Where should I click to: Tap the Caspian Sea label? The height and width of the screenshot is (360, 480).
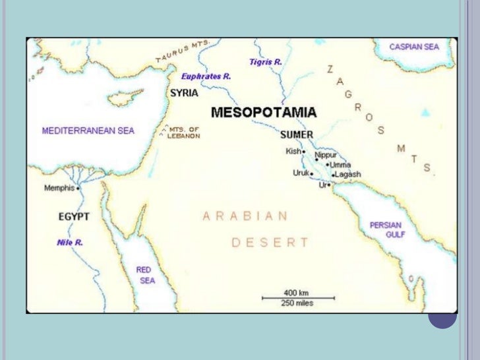tap(414, 47)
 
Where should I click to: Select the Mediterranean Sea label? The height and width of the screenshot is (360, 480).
tap(88, 131)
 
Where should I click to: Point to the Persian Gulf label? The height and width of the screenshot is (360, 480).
tap(386, 229)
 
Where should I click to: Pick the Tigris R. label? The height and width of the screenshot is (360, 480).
tap(265, 62)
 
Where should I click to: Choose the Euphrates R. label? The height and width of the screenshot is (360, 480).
tap(206, 76)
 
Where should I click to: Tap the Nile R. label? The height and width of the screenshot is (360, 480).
tap(69, 243)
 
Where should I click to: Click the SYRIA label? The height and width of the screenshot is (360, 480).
tap(184, 93)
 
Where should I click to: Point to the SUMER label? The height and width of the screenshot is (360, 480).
tap(296, 135)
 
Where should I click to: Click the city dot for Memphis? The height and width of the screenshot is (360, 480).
tap(78, 188)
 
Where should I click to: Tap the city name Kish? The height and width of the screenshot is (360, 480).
tap(293, 151)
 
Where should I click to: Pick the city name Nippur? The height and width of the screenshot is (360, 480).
tap(326, 155)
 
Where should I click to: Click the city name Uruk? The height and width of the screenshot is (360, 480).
tap(301, 173)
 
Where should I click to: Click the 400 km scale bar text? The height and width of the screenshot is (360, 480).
tap(297, 292)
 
